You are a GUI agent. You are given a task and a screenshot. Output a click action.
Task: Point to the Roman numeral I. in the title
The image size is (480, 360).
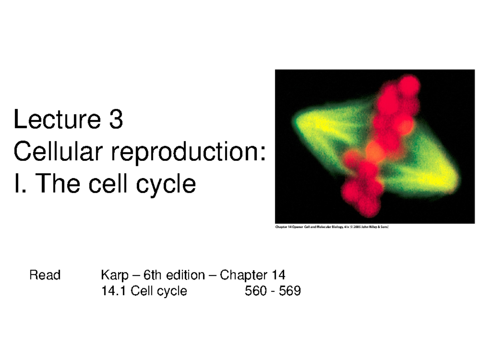click(18, 184)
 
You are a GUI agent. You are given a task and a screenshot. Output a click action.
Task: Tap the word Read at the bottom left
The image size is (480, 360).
click(44, 275)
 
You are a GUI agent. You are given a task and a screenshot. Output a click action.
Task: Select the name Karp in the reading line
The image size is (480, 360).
click(113, 275)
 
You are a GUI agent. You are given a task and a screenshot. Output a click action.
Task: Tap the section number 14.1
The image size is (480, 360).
click(114, 291)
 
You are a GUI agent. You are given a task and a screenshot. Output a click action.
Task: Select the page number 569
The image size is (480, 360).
click(290, 291)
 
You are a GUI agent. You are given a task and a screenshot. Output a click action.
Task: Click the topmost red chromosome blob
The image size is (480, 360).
click(409, 85)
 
